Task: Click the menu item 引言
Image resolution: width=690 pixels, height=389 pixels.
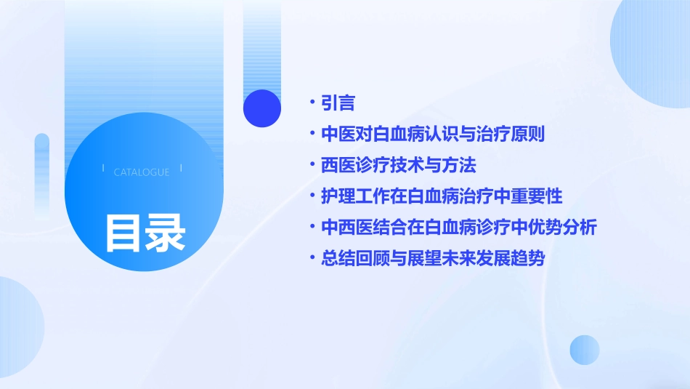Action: click(338, 103)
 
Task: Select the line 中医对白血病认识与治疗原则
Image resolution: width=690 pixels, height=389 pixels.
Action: click(433, 135)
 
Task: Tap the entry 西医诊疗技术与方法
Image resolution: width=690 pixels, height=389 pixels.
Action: click(398, 165)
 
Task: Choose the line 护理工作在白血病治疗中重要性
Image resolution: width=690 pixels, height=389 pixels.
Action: click(442, 196)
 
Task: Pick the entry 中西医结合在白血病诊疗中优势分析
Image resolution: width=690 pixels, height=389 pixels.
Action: click(459, 227)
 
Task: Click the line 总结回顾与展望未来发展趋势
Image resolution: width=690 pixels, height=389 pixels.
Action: click(433, 258)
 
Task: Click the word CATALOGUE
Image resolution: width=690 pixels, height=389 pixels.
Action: click(142, 172)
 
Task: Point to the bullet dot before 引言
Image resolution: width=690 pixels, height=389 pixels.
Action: click(312, 104)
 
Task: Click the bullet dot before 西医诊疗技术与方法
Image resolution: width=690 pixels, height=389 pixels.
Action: click(312, 166)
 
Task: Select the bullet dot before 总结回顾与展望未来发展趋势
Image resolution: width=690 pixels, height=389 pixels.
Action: click(312, 259)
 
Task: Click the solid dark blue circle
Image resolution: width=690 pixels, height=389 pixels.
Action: click(262, 108)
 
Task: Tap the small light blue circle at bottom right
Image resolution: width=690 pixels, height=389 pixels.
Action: click(585, 350)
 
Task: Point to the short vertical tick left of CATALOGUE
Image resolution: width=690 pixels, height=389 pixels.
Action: click(104, 168)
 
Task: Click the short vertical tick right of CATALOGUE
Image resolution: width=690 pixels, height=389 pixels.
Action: click(181, 168)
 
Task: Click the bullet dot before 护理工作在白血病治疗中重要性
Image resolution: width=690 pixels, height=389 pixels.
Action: click(312, 197)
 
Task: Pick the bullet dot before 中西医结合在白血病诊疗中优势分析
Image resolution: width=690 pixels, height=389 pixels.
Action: click(312, 228)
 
